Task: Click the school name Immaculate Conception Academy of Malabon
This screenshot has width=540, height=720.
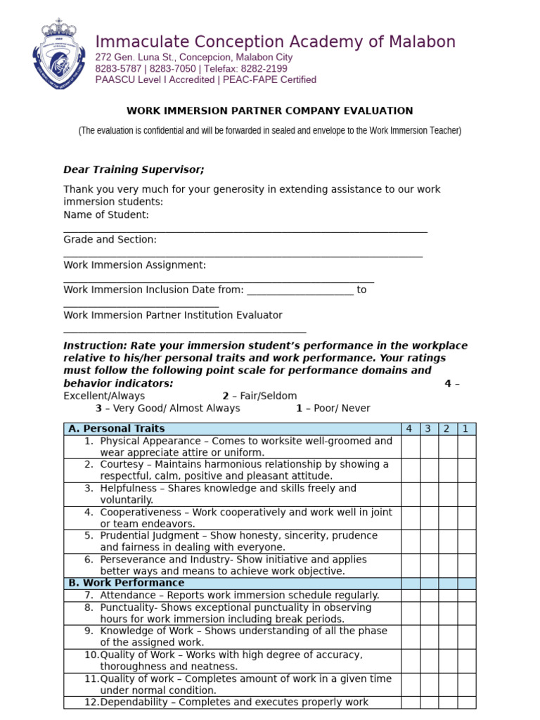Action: [x=275, y=41]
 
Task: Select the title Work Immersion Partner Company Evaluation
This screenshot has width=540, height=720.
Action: [x=269, y=111]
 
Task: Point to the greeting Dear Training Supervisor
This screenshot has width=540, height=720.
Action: [x=134, y=169]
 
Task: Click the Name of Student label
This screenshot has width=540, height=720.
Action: [x=106, y=214]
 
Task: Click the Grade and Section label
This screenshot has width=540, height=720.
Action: [x=110, y=240]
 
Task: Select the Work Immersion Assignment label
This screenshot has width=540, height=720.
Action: [x=135, y=265]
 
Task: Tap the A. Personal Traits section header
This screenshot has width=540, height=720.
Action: [x=117, y=429]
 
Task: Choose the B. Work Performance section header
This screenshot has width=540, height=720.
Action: [x=127, y=583]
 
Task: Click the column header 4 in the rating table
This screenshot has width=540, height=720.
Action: [x=409, y=429]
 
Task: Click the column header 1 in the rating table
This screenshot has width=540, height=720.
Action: [x=466, y=429]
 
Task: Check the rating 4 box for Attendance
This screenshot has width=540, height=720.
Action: [x=409, y=595]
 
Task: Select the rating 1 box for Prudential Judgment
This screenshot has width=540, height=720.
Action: [x=466, y=541]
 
